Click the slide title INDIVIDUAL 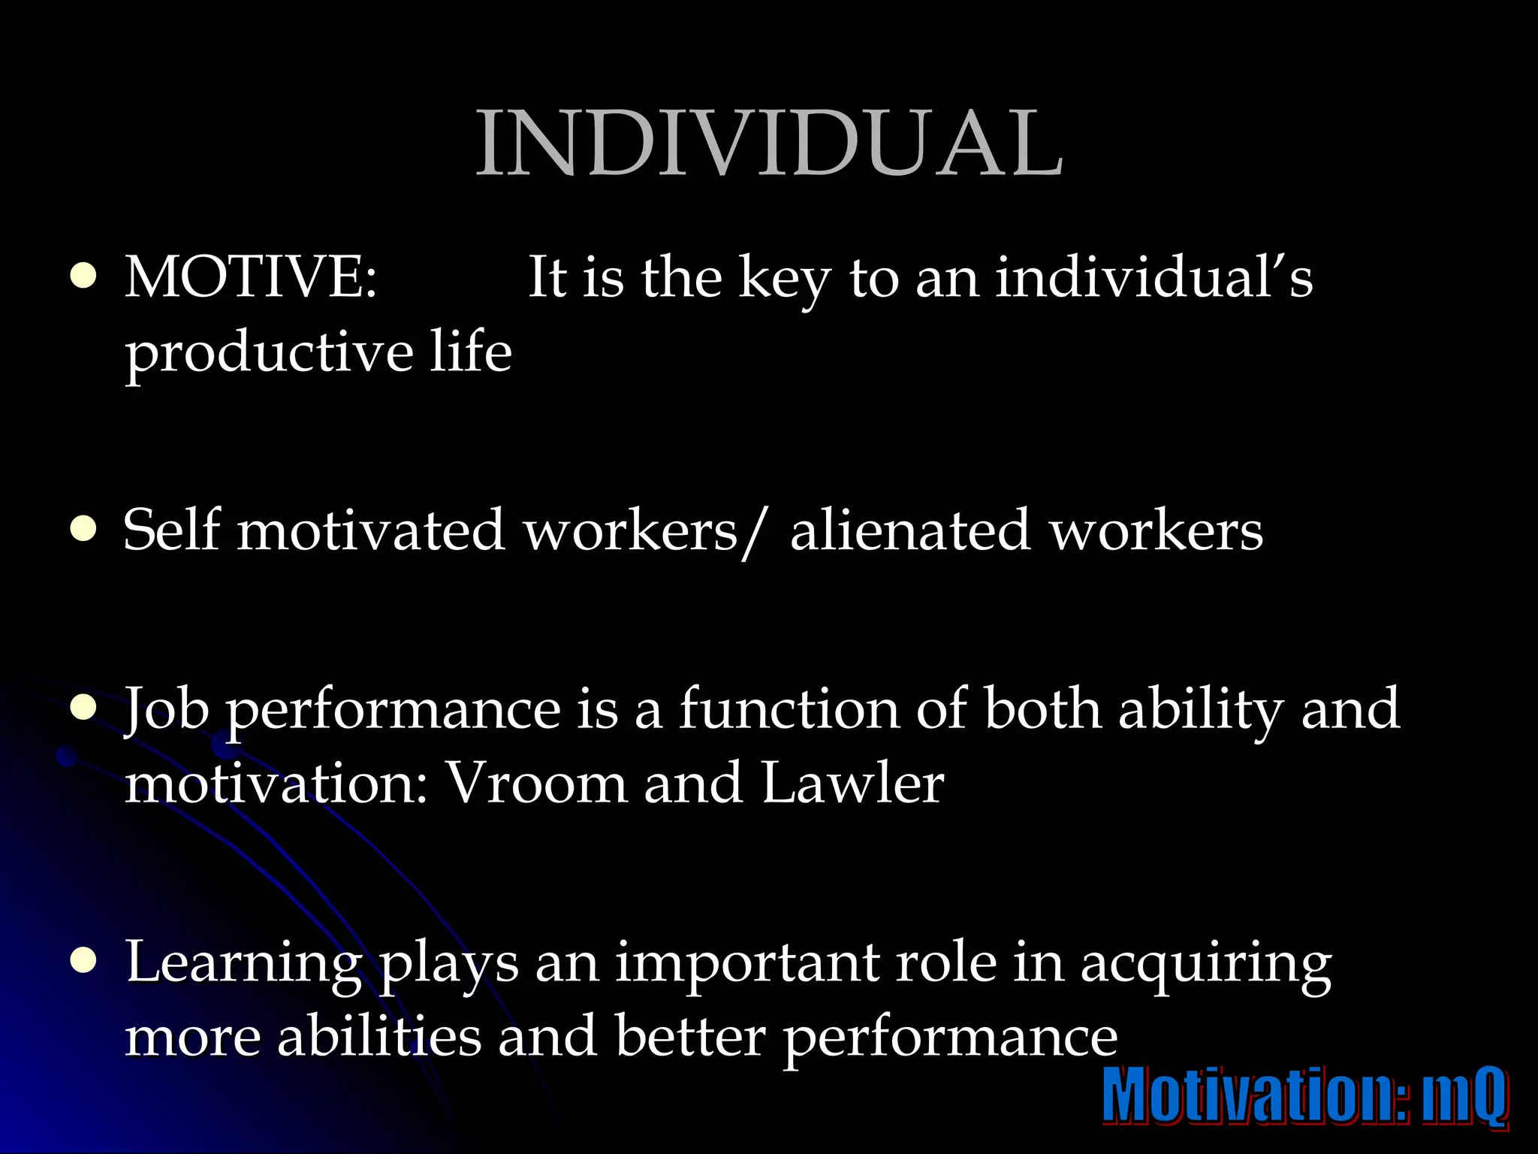coord(769,143)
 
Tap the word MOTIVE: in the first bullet coord(251,278)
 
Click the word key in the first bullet coord(784,279)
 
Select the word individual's coord(1154,278)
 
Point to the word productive coord(269,353)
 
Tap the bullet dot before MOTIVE coord(83,277)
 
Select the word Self coord(172,530)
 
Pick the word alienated coord(909,530)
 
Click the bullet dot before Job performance coord(83,709)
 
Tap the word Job coord(167,711)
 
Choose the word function coord(789,709)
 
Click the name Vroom coord(536,784)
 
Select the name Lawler coord(852,784)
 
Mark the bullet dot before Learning coord(83,962)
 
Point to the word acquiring coord(1206,965)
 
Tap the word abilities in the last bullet coord(379,1037)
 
